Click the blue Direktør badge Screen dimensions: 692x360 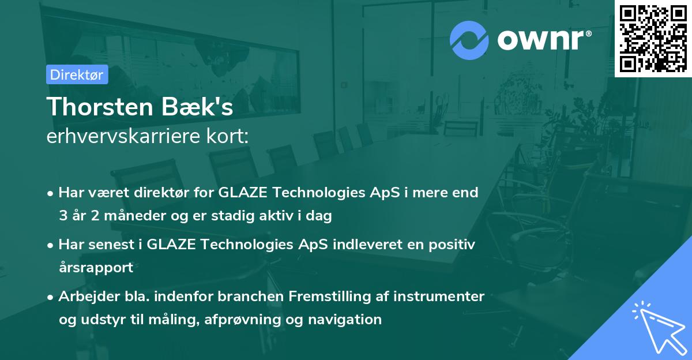[77, 74]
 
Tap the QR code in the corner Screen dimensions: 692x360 [653, 39]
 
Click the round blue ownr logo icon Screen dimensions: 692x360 [469, 40]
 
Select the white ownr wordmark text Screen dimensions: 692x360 [544, 40]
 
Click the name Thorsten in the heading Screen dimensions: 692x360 [100, 107]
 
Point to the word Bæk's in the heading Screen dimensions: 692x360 [197, 107]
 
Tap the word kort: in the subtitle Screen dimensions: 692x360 [227, 136]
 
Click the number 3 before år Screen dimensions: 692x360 [63, 216]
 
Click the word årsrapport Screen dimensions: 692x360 [96, 268]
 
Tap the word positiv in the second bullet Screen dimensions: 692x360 [452, 245]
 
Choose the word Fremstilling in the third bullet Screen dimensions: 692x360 [329, 297]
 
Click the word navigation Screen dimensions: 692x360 [345, 320]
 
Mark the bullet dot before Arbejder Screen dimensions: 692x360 [50, 298]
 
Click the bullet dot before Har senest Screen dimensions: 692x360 [50, 246]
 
